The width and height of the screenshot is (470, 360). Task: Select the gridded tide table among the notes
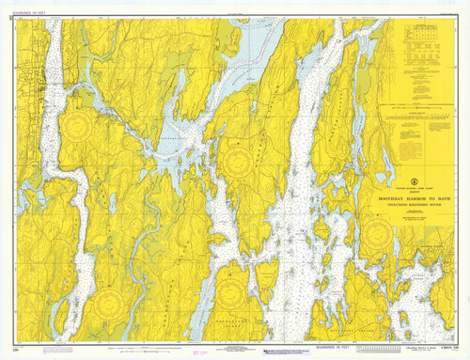point(419,39)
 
